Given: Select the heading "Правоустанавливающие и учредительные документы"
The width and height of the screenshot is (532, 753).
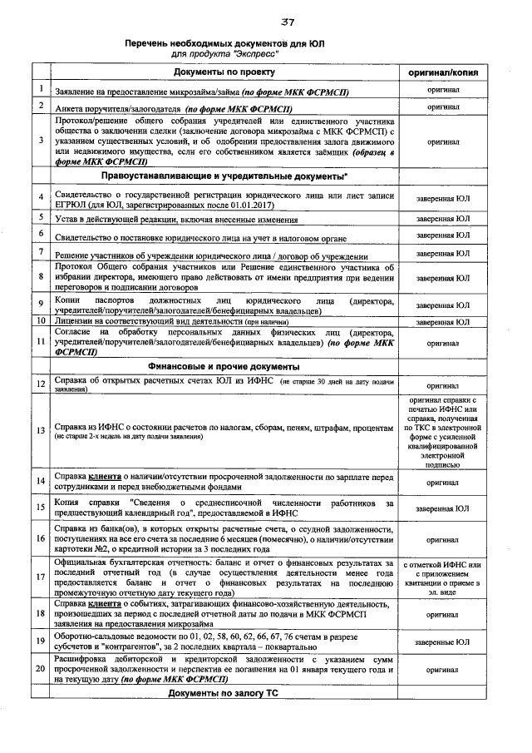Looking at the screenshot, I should tap(224, 178).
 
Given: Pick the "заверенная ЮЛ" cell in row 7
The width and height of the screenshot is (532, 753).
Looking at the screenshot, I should tap(443, 253).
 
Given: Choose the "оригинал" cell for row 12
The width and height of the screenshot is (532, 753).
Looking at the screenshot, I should tap(443, 386).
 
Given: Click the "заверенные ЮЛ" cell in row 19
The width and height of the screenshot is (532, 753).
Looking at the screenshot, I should tap(443, 642).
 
